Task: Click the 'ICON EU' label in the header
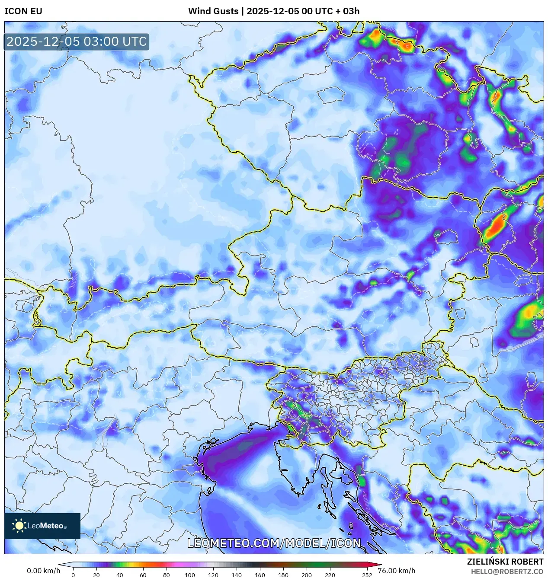click(23, 11)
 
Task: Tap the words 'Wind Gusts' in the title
click(213, 11)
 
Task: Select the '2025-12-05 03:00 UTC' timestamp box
click(77, 42)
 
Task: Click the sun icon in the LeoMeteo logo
click(19, 526)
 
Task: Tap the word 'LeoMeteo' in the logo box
click(45, 526)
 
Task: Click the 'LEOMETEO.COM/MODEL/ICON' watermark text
click(274, 543)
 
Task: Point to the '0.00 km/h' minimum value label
click(43, 571)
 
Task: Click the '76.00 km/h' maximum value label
click(396, 571)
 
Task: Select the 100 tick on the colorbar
click(189, 575)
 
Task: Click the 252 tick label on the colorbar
click(367, 575)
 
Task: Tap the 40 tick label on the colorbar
click(119, 575)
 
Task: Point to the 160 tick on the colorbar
click(260, 575)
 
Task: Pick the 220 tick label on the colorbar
click(330, 575)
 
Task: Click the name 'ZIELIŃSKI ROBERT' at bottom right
click(505, 562)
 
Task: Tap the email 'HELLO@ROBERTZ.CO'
click(507, 572)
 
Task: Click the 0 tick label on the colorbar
click(73, 575)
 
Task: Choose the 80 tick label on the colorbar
click(166, 575)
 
